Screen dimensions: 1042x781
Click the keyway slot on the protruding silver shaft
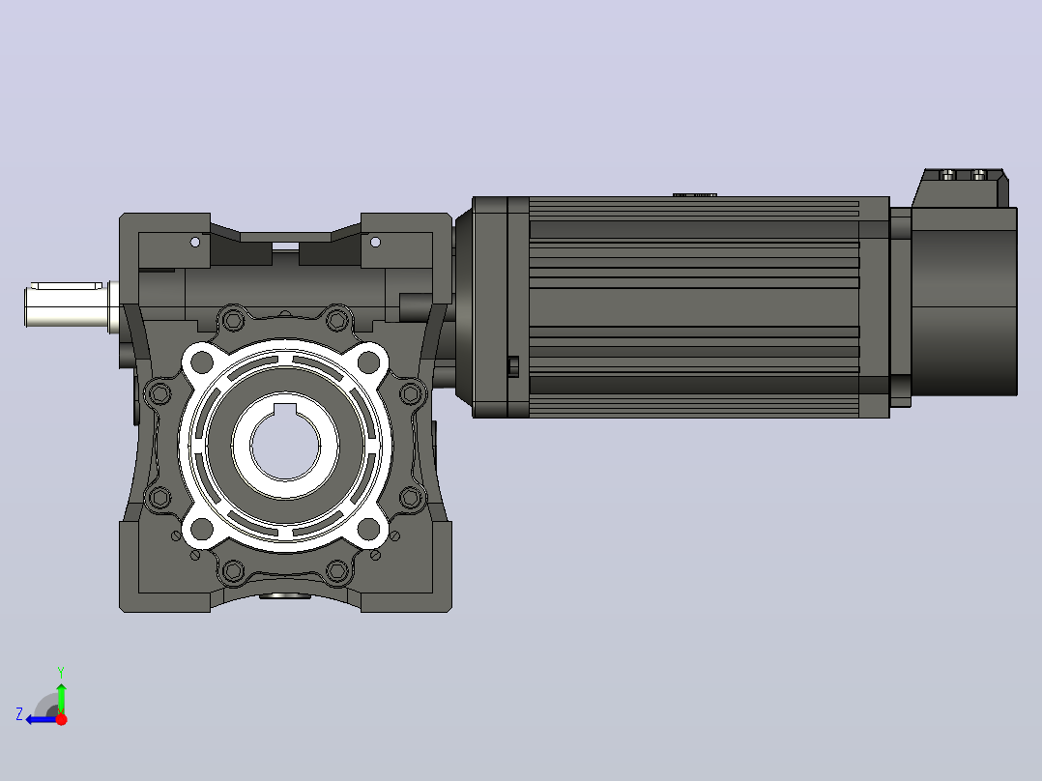pos(67,286)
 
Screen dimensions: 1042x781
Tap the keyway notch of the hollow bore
pos(286,408)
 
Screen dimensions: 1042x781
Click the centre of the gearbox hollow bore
pos(286,446)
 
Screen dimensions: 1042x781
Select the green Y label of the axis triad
pos(61,672)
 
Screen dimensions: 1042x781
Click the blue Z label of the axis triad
pos(19,714)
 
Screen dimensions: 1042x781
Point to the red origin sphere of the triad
pos(61,719)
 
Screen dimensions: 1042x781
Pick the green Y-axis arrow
pos(61,698)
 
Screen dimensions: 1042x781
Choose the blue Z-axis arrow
pos(42,719)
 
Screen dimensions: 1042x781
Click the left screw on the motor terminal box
pos(949,175)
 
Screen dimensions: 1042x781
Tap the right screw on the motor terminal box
pos(979,175)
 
